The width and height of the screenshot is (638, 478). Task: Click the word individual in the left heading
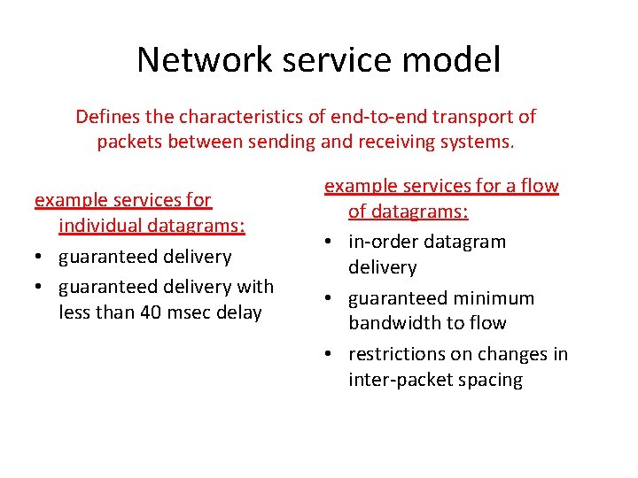(100, 226)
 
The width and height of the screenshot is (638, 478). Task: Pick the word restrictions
(398, 354)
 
